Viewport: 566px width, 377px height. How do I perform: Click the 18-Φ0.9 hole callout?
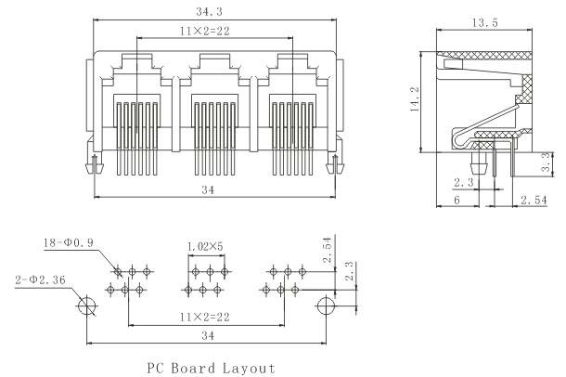69,244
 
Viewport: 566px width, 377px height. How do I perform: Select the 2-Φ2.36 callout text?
40,278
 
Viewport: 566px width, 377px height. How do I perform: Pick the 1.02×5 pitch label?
205,246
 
